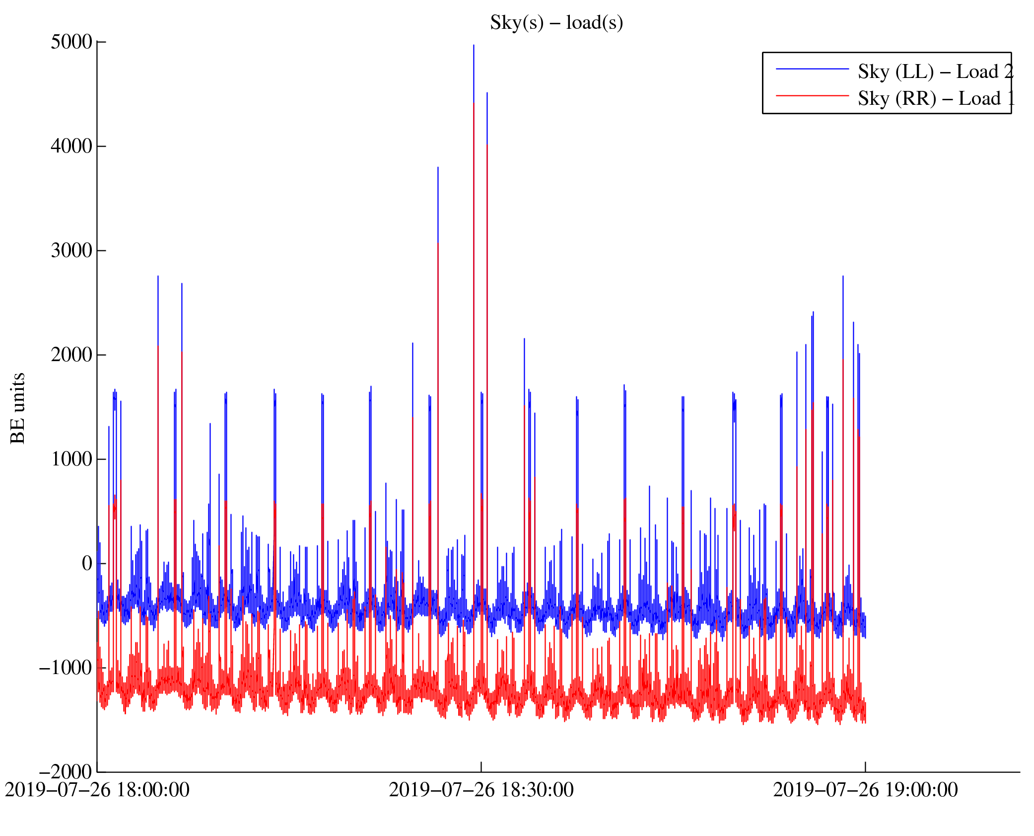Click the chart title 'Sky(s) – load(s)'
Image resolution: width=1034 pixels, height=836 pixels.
[556, 23]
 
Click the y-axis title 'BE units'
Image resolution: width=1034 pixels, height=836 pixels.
[18, 408]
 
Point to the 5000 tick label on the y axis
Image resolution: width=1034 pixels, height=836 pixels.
[71, 42]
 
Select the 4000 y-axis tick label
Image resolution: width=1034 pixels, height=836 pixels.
[71, 147]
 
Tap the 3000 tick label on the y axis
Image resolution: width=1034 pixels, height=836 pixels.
[71, 251]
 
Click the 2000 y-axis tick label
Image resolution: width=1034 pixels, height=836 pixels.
[71, 355]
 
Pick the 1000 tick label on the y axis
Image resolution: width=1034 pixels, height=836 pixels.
[71, 459]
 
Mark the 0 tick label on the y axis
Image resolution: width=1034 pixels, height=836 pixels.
[87, 563]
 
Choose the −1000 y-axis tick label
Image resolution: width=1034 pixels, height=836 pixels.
[66, 668]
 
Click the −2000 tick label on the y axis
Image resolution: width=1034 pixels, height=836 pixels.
[66, 772]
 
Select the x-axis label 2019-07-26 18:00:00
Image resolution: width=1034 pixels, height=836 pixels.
[97, 790]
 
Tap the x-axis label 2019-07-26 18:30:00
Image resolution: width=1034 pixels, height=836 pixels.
[481, 790]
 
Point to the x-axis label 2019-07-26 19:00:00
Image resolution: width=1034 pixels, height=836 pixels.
[865, 790]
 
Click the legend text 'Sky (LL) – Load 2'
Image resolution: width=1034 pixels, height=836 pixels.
[935, 72]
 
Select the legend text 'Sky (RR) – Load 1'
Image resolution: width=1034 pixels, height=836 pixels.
[935, 99]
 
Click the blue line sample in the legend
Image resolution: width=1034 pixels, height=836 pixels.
[812, 69]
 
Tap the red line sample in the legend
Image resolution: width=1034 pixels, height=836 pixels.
[812, 95]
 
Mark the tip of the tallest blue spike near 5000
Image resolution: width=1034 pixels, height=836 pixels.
[474, 46]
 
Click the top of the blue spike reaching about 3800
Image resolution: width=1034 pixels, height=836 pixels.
[438, 168]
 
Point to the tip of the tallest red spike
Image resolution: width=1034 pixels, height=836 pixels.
[474, 104]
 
